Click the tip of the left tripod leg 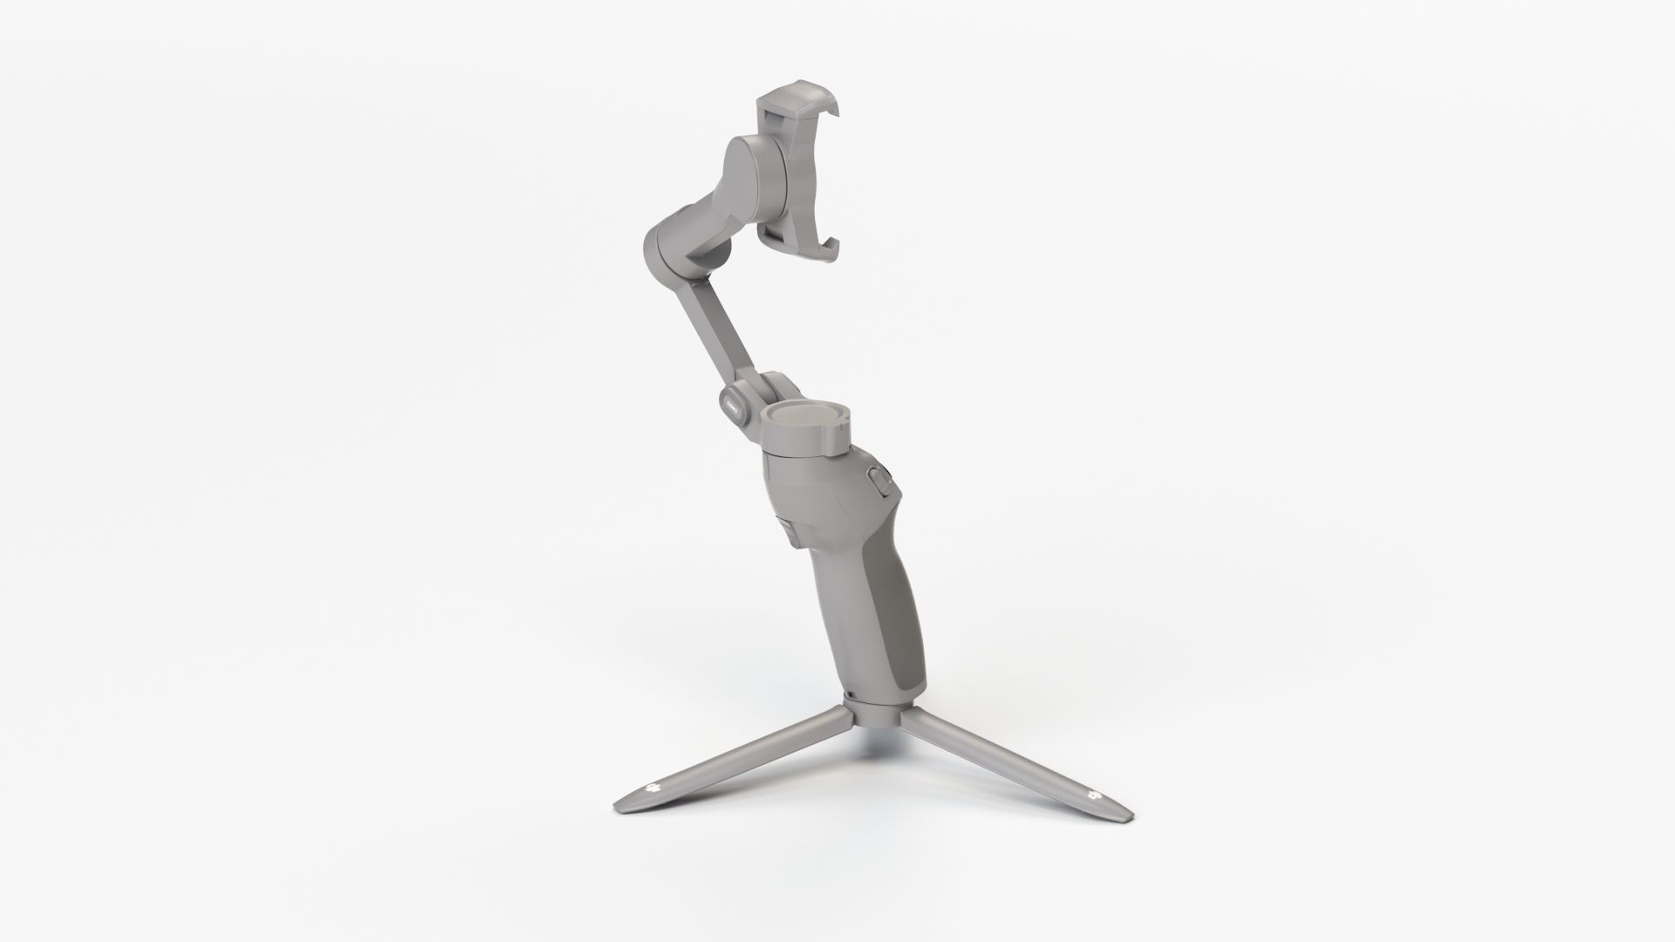621,800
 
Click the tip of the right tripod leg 1126,821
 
